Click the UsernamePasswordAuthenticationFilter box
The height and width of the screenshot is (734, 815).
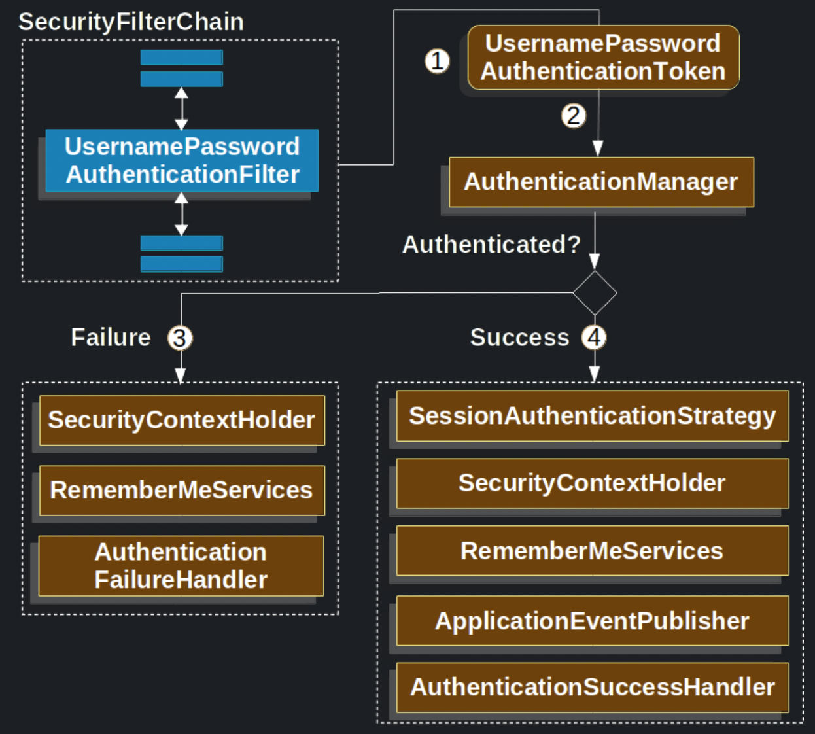[182, 160]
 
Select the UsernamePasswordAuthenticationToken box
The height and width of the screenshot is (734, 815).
[603, 58]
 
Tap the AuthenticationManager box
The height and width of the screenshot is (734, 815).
[600, 182]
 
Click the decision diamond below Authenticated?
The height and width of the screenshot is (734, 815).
[595, 293]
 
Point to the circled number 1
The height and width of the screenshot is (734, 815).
[438, 61]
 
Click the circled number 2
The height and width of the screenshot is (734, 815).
[574, 116]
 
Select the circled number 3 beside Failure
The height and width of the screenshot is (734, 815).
[180, 338]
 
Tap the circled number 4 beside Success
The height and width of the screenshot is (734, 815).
[594, 338]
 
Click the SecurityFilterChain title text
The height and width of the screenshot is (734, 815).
[131, 22]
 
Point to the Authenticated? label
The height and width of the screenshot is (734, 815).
[491, 244]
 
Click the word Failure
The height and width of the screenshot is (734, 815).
[111, 338]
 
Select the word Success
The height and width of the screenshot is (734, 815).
[519, 338]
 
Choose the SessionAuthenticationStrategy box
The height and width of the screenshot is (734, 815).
[592, 416]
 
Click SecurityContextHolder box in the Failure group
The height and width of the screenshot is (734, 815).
[182, 420]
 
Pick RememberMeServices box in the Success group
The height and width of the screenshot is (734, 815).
[592, 551]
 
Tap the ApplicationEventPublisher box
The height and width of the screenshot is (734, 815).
[592, 621]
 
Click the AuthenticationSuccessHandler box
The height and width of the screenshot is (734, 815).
[592, 688]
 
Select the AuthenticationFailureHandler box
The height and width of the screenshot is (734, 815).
[181, 566]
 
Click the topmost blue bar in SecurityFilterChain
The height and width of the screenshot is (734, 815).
[182, 58]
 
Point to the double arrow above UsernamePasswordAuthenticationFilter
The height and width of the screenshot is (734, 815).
[182, 109]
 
